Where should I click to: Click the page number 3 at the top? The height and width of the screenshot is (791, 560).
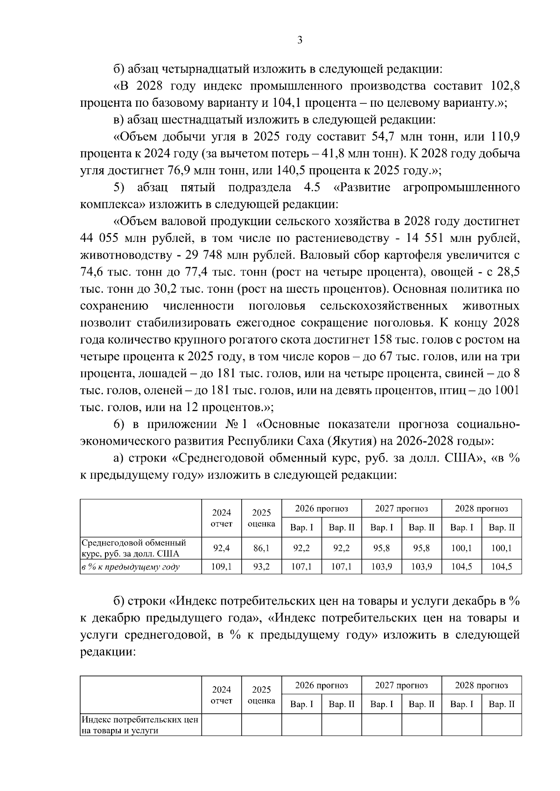300,40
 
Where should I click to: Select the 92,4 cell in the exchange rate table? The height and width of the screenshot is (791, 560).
221,549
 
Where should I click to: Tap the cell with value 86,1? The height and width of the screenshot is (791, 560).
261,549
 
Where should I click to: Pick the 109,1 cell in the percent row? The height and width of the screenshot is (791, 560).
221,567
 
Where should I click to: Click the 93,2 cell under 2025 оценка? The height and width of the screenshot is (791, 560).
261,567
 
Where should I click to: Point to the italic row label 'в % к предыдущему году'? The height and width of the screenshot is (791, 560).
131,567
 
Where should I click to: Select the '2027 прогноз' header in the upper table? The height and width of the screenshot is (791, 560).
401,509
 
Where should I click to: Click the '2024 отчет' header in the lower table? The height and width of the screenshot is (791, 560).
221,695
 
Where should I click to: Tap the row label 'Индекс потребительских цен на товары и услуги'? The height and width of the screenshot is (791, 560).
140,725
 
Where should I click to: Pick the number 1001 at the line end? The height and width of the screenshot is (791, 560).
507,390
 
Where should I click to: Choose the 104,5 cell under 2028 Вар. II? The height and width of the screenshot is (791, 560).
501,567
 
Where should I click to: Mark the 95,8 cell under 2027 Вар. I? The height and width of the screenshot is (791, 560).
381,549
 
